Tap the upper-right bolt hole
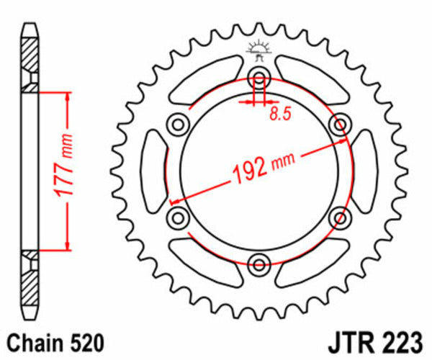click(338, 125)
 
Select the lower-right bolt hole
click(338, 216)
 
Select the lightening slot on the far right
click(363, 171)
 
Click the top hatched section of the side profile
click(30, 58)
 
